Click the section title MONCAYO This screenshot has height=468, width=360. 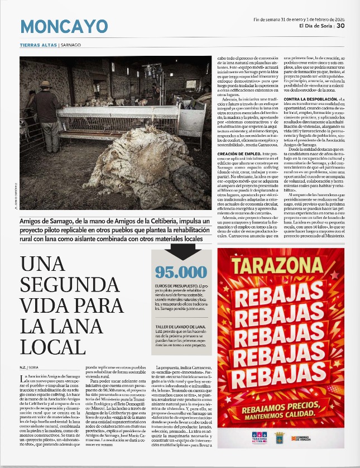pyautogui.click(x=64, y=26)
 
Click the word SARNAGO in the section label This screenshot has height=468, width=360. pyautogui.click(x=71, y=45)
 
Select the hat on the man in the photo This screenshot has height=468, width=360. pyautogui.click(x=45, y=84)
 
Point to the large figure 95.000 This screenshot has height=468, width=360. pyautogui.click(x=181, y=272)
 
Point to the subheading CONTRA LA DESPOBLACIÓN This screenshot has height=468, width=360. pyautogui.click(x=306, y=100)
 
